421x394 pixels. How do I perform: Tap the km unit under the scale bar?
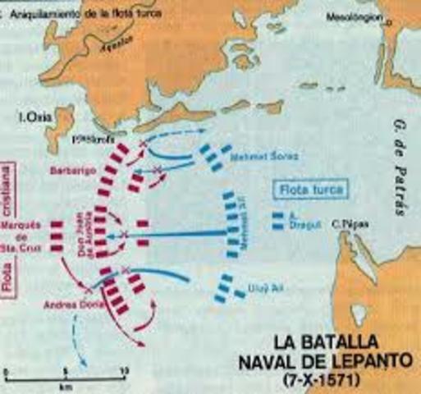click(64, 386)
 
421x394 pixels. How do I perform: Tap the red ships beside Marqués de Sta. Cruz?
click(57, 236)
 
